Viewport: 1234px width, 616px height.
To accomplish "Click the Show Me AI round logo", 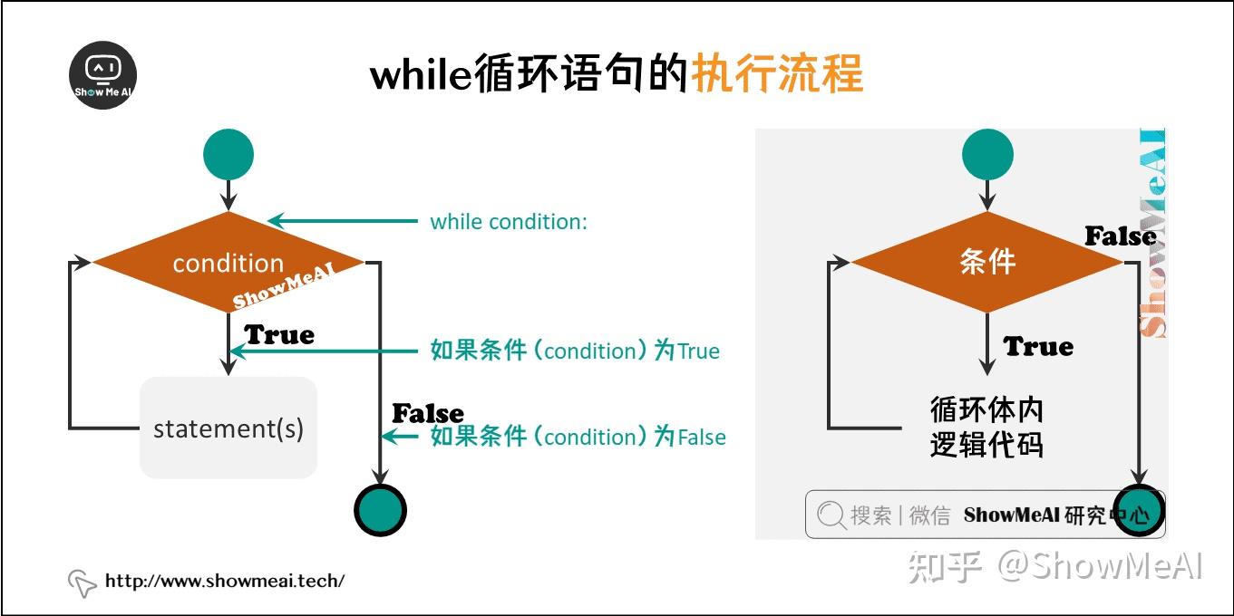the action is point(103,75).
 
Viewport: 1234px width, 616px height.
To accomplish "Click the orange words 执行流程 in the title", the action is point(777,73).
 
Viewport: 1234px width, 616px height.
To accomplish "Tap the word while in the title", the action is point(421,73).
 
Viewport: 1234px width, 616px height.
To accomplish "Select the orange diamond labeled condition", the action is point(228,262).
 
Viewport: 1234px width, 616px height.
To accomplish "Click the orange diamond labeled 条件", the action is point(987,262).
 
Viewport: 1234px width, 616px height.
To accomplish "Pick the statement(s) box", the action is point(228,428).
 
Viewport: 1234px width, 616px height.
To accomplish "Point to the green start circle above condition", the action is point(228,154).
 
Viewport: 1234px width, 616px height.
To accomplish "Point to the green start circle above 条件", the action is point(987,154).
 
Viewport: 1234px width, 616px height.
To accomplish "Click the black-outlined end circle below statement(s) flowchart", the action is point(380,510).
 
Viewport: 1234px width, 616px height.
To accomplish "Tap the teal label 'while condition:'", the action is point(509,222).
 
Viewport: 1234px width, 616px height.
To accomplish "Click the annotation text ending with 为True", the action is point(575,351).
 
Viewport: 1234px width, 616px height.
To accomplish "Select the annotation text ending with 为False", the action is point(578,437).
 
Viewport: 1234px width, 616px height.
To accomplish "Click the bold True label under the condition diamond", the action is point(279,334).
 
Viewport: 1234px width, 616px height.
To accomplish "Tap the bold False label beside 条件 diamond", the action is point(1121,236).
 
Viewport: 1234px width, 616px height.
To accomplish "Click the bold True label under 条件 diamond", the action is point(1038,346).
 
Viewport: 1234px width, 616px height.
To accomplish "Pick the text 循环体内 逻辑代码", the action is point(986,428).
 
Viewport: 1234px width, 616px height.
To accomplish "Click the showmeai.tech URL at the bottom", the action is point(225,581).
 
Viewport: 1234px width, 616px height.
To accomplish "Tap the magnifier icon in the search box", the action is point(831,515).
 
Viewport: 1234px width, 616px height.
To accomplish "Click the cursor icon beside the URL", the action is point(83,583).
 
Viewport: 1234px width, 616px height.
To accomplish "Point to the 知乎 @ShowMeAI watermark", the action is point(1055,566).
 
